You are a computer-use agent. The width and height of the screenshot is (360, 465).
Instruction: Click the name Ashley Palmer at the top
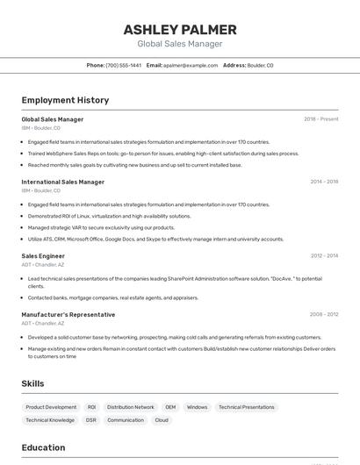coord(180,29)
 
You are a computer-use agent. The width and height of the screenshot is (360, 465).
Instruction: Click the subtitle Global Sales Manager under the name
coord(180,44)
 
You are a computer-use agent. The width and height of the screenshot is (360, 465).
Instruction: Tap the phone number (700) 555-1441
coord(123,65)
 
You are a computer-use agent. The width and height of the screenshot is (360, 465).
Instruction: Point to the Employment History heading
coord(65,100)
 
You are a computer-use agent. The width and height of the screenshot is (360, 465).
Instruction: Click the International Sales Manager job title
coord(62,182)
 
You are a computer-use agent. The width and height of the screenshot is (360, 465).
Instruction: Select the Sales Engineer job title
coord(43,256)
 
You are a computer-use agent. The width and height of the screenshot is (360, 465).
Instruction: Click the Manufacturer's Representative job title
coord(68,314)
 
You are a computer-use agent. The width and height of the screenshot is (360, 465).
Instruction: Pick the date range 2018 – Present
coord(320,119)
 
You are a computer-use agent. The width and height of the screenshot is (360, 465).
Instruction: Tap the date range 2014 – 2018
coord(324,182)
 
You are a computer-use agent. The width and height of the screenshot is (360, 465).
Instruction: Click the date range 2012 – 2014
coord(324,256)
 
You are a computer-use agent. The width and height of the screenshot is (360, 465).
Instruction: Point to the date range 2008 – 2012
coord(324,314)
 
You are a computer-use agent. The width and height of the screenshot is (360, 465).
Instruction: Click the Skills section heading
coord(32,383)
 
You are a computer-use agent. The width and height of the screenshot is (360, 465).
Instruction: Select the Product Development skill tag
coord(51,407)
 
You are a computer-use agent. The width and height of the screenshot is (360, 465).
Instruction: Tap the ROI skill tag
coord(91,407)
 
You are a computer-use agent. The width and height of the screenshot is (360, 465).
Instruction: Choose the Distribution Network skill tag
coord(130,407)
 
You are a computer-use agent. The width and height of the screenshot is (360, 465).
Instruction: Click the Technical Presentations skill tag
coord(246,407)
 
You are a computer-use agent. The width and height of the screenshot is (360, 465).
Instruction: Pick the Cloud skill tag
coord(162,420)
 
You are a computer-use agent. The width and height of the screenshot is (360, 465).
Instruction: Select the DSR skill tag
coord(91,420)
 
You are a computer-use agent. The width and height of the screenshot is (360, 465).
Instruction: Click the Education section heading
coord(43,447)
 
